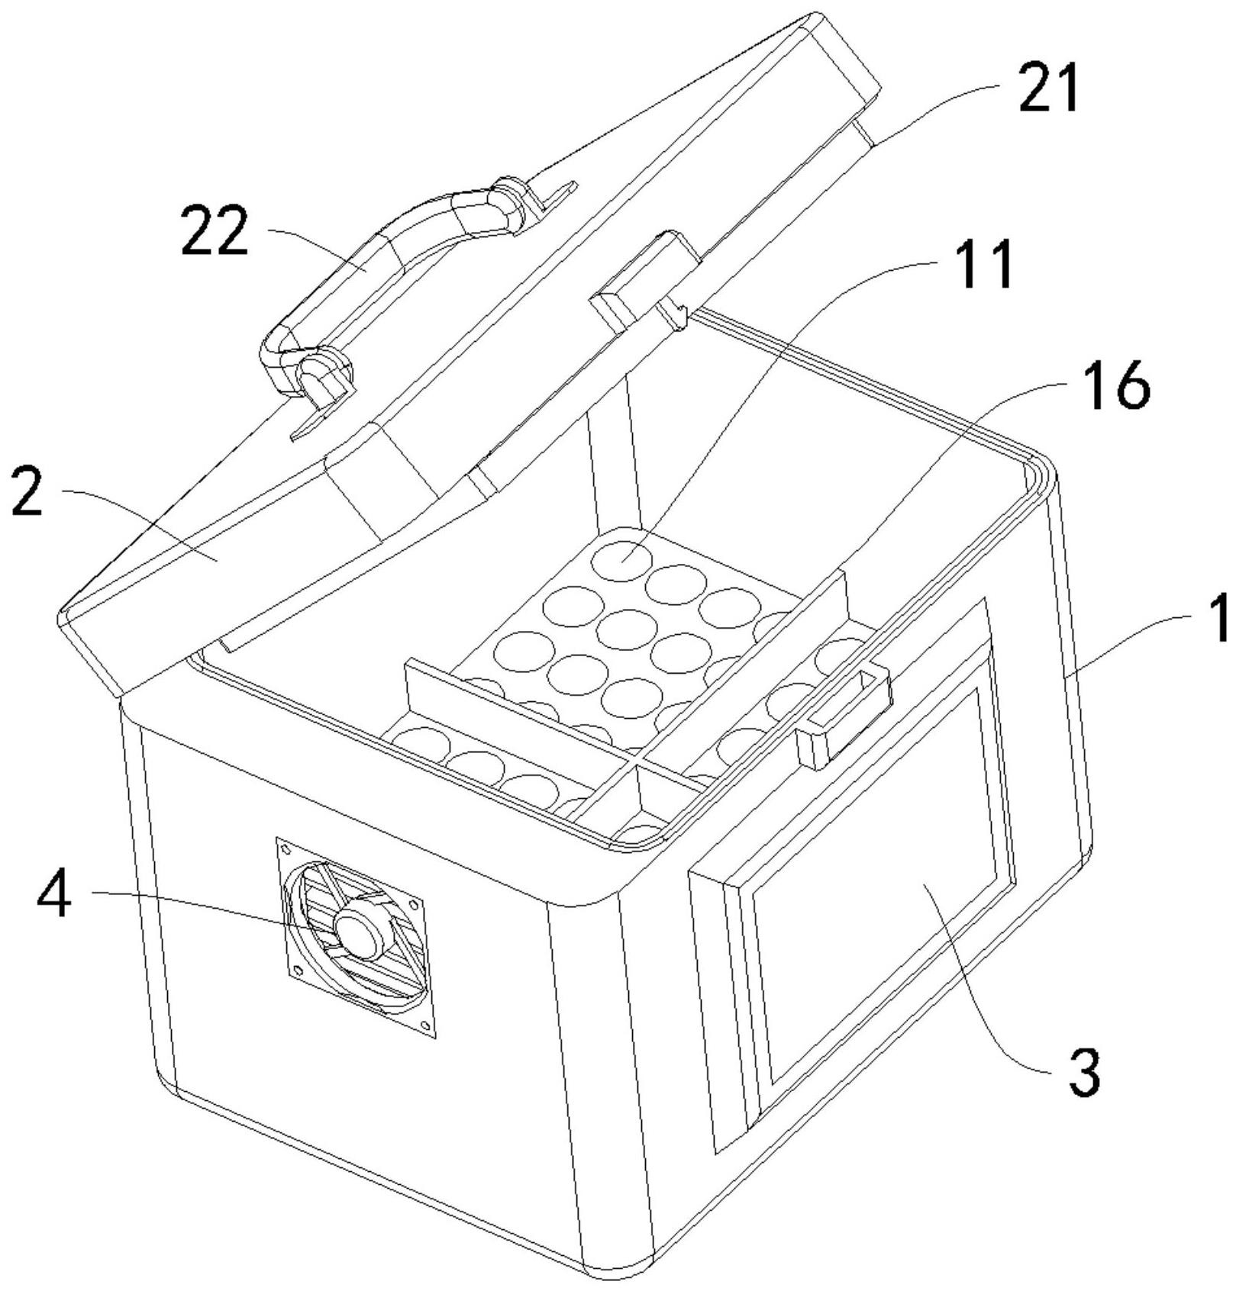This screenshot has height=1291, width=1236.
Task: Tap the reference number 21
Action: point(1049,89)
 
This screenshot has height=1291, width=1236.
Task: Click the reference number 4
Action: point(54,896)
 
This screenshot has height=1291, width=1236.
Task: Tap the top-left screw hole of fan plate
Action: point(286,848)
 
